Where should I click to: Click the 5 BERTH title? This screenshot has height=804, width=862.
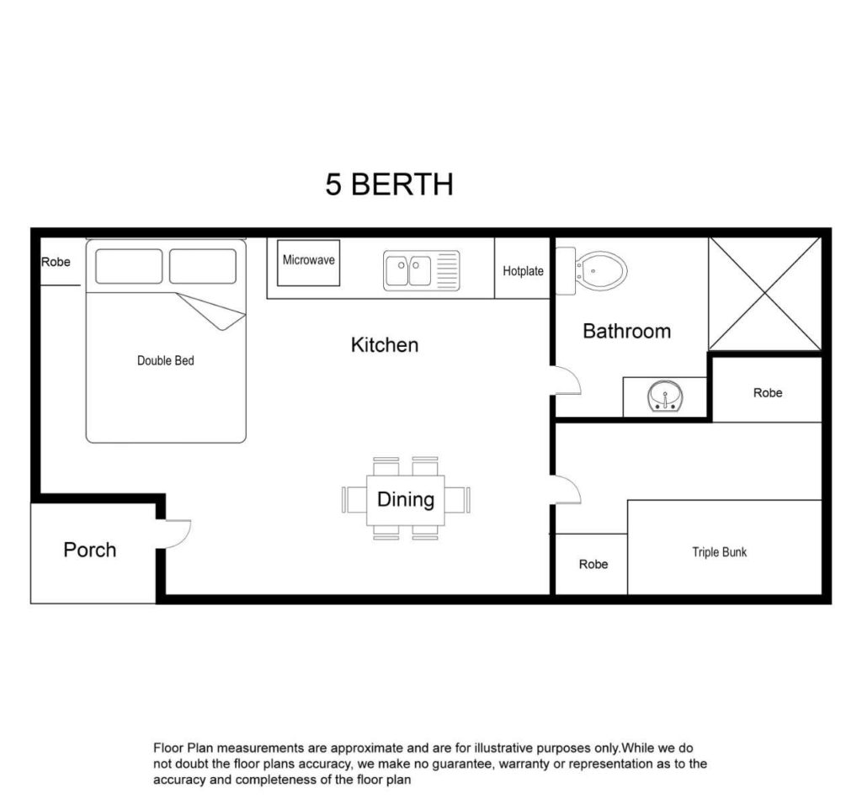(389, 184)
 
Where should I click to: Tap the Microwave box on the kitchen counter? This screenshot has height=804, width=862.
(308, 263)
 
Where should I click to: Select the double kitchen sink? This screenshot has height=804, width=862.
(421, 270)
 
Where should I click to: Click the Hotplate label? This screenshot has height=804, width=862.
(523, 271)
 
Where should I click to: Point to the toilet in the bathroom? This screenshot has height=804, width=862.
(592, 270)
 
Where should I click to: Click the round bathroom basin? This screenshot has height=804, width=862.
(665, 396)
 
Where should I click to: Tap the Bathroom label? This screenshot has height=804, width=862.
(626, 331)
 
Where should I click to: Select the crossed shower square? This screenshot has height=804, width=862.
(764, 293)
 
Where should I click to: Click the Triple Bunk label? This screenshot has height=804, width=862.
(719, 552)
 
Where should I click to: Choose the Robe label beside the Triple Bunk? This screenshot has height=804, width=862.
(593, 564)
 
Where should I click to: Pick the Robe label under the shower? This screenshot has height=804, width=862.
(768, 392)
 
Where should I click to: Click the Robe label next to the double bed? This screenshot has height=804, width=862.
(56, 262)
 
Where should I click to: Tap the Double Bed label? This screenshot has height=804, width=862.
(166, 361)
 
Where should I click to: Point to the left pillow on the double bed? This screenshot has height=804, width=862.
(129, 266)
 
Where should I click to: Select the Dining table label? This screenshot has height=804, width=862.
(406, 499)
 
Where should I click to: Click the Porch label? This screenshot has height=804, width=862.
(89, 550)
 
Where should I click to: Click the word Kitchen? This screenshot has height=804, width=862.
(384, 345)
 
